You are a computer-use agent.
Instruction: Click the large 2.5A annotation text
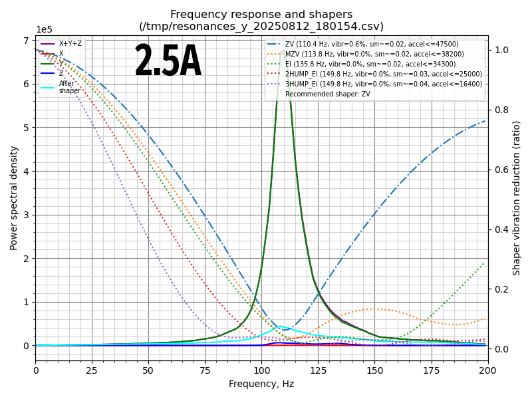pyautogui.click(x=168, y=62)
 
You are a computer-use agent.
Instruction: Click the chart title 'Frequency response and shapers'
pyautogui.click(x=261, y=15)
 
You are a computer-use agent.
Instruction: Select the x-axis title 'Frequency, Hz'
pyautogui.click(x=261, y=384)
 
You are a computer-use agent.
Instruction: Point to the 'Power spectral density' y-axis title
pyautogui.click(x=14, y=198)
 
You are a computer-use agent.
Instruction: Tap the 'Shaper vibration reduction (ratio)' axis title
pyautogui.click(x=517, y=198)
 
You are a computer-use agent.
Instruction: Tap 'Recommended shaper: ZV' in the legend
pyautogui.click(x=328, y=94)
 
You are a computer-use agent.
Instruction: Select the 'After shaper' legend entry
pyautogui.click(x=69, y=87)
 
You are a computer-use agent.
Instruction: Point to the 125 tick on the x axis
pyautogui.click(x=318, y=370)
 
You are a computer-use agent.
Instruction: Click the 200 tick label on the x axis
pyautogui.click(x=487, y=370)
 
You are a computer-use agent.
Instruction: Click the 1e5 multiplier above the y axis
pyautogui.click(x=44, y=30)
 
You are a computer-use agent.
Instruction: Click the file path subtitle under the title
pyautogui.click(x=261, y=27)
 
